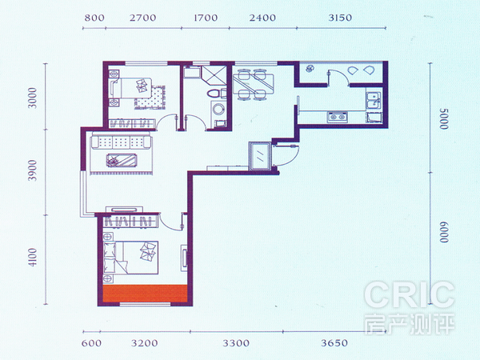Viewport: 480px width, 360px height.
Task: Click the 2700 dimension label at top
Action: pyautogui.click(x=142, y=18)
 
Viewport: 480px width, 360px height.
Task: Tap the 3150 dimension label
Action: pyautogui.click(x=340, y=18)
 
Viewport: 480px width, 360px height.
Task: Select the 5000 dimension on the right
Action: pyautogui.click(x=443, y=118)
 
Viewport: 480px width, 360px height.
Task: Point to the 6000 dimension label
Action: pyautogui.click(x=443, y=232)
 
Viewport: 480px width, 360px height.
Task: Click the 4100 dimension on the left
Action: pyautogui.click(x=32, y=257)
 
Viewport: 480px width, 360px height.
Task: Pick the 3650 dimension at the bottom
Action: pyautogui.click(x=334, y=343)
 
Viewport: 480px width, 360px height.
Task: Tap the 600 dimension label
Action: pyautogui.click(x=91, y=343)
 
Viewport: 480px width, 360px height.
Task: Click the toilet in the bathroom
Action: pyautogui.click(x=214, y=94)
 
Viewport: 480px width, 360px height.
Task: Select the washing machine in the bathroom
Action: pyautogui.click(x=218, y=110)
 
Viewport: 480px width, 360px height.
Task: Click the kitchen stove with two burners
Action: pyautogui.click(x=338, y=117)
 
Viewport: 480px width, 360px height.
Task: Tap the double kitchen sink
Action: pyautogui.click(x=374, y=101)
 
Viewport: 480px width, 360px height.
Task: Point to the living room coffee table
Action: pyautogui.click(x=122, y=160)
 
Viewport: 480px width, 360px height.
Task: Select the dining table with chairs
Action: pyautogui.click(x=252, y=85)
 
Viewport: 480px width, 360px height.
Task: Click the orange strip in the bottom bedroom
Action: pyautogui.click(x=145, y=294)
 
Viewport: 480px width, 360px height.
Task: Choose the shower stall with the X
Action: pyautogui.click(x=214, y=75)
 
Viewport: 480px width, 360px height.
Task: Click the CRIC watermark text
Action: pyautogui.click(x=410, y=295)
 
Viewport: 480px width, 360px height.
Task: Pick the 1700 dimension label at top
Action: pyautogui.click(x=206, y=18)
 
